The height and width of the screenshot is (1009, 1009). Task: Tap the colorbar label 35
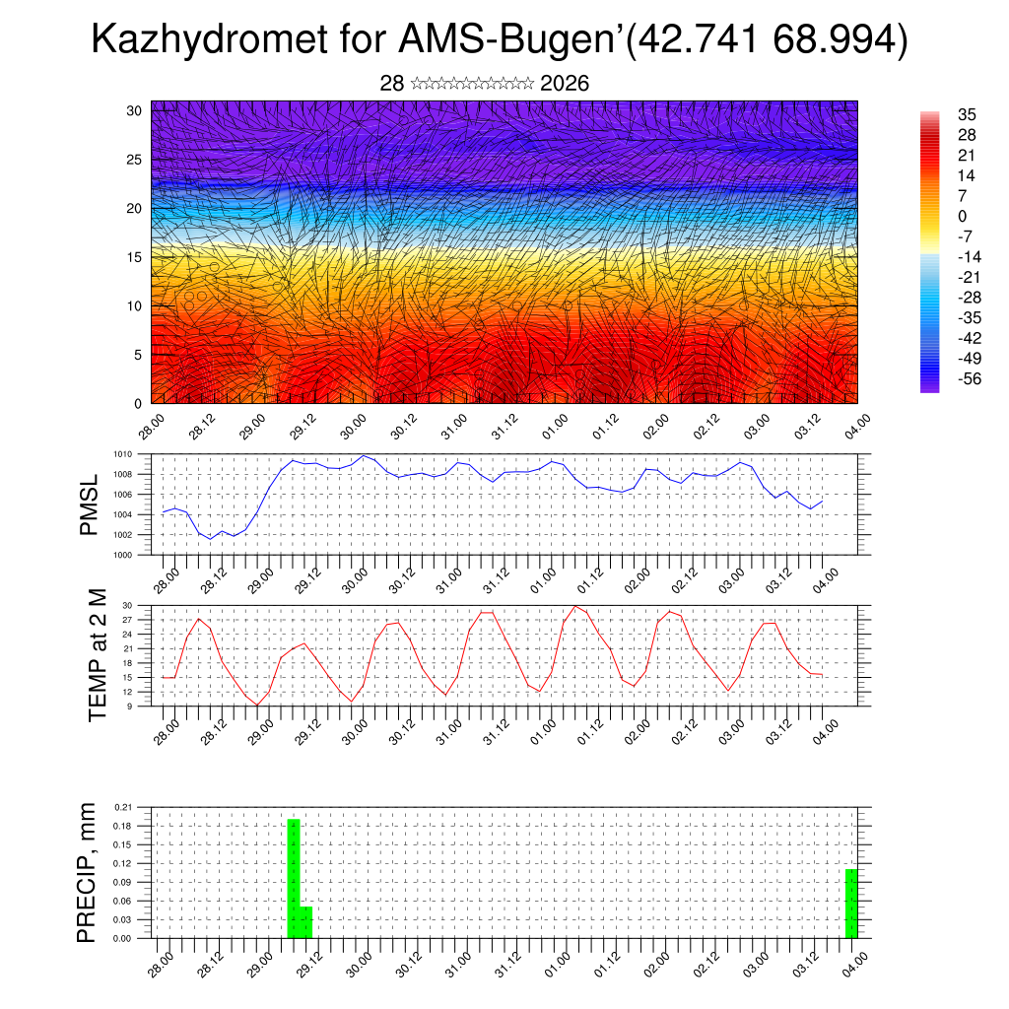[x=967, y=114]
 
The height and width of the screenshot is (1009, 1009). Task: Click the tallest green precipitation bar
[x=294, y=877]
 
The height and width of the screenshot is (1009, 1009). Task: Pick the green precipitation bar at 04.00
[x=851, y=903]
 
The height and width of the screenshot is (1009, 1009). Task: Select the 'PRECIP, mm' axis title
[x=88, y=872]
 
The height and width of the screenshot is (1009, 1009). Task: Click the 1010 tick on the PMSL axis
[x=122, y=454]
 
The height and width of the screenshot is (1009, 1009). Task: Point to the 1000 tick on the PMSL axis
[x=122, y=555]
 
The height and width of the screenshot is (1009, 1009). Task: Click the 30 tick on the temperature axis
[x=127, y=605]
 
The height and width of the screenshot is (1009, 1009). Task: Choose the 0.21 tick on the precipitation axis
[x=121, y=807]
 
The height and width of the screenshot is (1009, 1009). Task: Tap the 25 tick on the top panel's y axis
[x=134, y=159]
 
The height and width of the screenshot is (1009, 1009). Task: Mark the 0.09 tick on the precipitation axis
[x=121, y=882]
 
